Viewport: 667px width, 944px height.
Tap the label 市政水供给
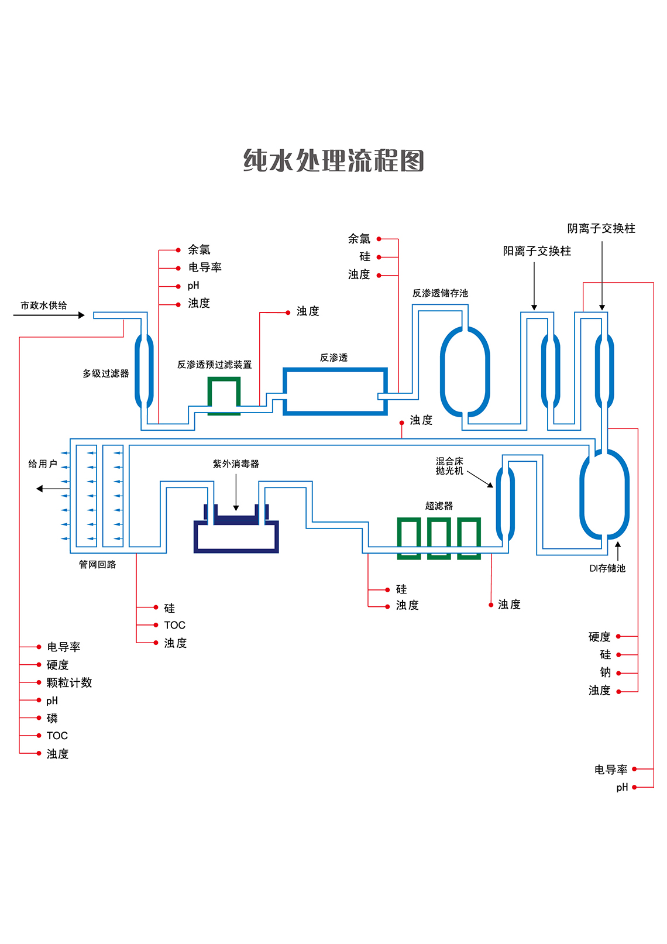[x=44, y=305]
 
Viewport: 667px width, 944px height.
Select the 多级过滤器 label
[x=105, y=373]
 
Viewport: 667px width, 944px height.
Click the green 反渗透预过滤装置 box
[x=224, y=396]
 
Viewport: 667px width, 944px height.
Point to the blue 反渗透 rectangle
[x=335, y=392]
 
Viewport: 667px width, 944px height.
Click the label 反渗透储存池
[x=440, y=293]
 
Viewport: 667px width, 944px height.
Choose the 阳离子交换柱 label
[x=537, y=251]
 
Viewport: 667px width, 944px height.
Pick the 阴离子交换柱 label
[x=601, y=228]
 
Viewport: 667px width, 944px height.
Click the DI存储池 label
[x=607, y=568]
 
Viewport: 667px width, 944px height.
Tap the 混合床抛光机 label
[x=449, y=466]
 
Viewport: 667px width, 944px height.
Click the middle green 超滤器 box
[x=439, y=538]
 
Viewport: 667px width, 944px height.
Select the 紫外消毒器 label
[x=236, y=464]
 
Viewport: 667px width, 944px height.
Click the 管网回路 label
[x=97, y=565]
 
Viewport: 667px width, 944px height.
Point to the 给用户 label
[x=43, y=464]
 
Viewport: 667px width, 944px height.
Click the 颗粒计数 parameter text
[x=69, y=683]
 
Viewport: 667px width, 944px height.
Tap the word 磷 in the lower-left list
[x=52, y=719]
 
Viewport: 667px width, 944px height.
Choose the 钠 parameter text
[x=606, y=672]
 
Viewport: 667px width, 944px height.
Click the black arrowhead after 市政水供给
[x=81, y=315]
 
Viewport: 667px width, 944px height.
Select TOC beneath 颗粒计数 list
[x=57, y=736]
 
